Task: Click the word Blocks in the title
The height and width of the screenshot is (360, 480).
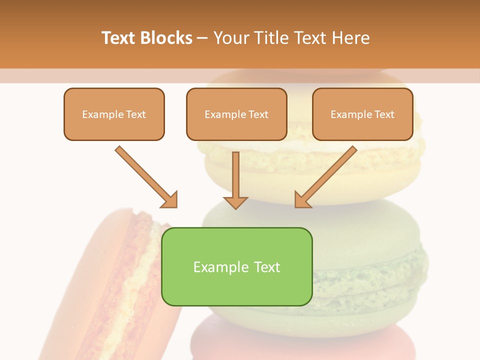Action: coord(167,38)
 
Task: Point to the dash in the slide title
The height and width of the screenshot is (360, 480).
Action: coord(202,38)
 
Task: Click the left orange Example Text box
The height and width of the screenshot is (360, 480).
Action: coord(114,114)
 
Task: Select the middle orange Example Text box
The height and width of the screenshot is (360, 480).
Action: coord(236,114)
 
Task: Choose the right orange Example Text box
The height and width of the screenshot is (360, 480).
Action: coord(362,114)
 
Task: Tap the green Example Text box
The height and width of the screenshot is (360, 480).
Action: coord(236,266)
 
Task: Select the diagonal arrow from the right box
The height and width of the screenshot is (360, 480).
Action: coord(327,175)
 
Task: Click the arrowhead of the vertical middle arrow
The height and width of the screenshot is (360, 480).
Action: coord(235,202)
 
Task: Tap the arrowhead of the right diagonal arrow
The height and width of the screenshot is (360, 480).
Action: coord(302,200)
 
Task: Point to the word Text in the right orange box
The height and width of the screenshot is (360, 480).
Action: coord(384,114)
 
